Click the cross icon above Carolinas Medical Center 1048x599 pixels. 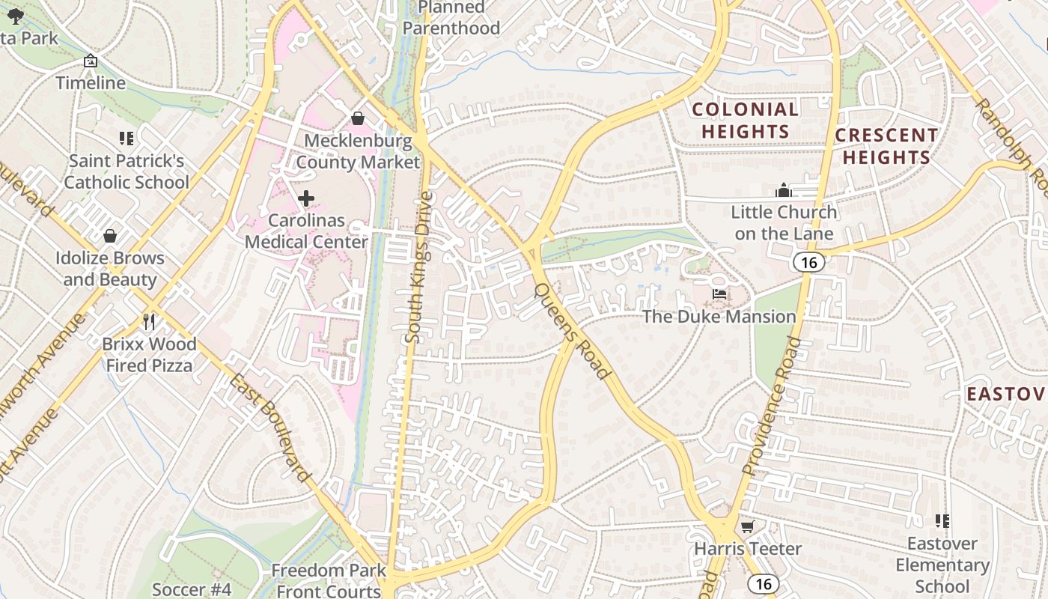(x=306, y=198)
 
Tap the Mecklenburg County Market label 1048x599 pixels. (x=358, y=151)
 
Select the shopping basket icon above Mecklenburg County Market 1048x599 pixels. (x=358, y=118)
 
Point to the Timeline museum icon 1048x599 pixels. (x=91, y=61)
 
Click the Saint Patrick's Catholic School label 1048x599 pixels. (x=127, y=171)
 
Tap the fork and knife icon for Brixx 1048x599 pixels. (x=149, y=322)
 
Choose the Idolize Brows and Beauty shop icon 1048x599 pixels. (x=110, y=237)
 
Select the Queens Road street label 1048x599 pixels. (x=571, y=329)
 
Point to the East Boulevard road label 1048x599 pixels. (x=270, y=427)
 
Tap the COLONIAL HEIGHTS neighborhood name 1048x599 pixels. (x=745, y=120)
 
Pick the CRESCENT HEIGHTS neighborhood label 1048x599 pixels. (x=886, y=146)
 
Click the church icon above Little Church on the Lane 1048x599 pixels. (x=784, y=190)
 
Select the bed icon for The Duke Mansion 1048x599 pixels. (x=719, y=294)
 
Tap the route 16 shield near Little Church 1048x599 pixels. (x=809, y=262)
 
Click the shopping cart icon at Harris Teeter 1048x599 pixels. (x=747, y=526)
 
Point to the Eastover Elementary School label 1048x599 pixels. (x=942, y=565)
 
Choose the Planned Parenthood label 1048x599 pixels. (x=451, y=18)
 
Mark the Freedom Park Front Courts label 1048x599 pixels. (x=329, y=580)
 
